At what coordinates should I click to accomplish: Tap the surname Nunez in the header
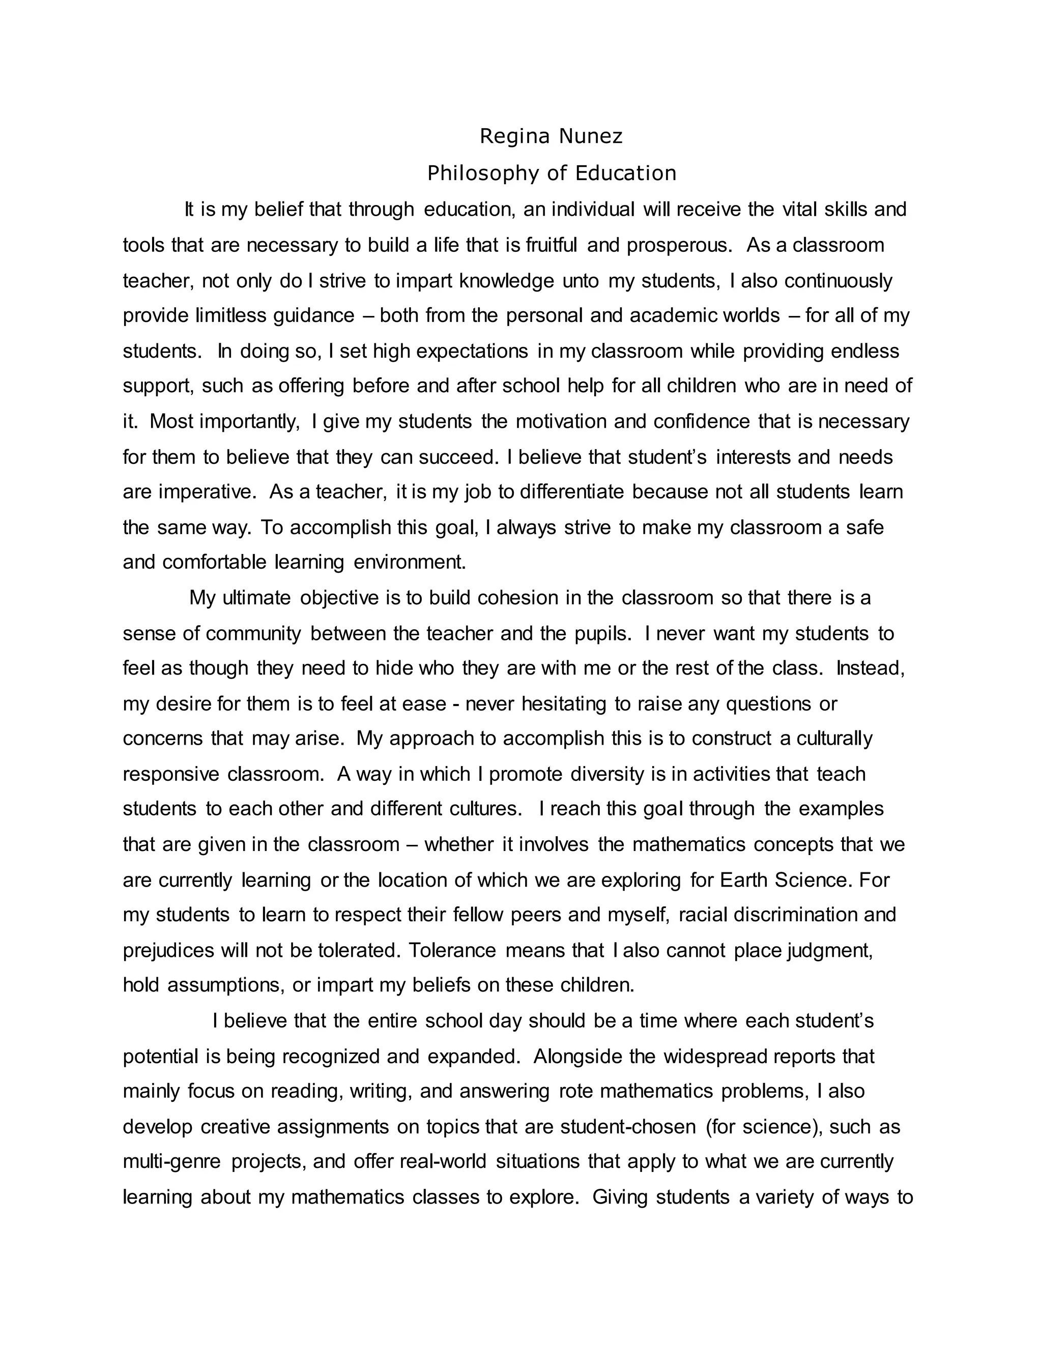591,136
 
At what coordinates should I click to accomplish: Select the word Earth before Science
744,880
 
